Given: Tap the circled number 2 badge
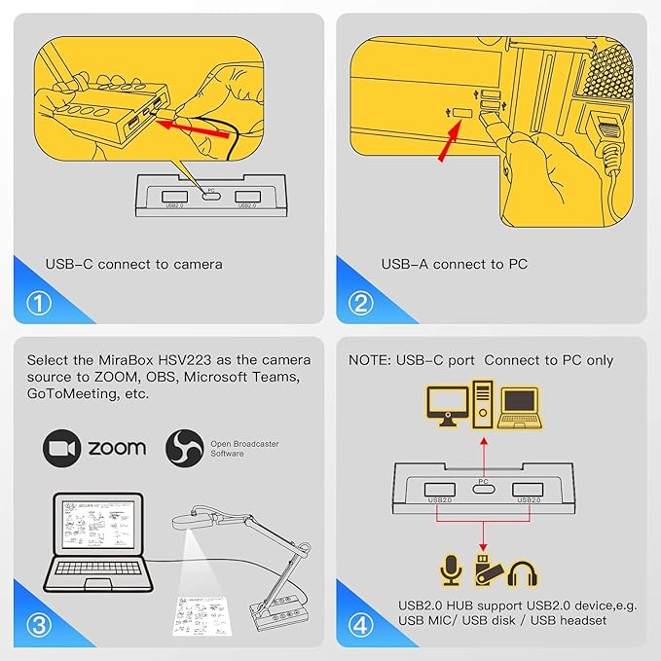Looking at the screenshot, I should (x=360, y=303).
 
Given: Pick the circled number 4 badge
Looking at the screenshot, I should (x=360, y=625).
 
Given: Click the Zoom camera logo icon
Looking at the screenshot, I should (x=60, y=447).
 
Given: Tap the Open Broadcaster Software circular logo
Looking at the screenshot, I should (x=183, y=447).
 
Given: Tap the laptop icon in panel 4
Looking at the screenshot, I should (x=520, y=407).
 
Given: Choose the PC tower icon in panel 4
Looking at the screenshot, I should (x=484, y=401).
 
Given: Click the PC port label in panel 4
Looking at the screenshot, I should (x=484, y=479).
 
